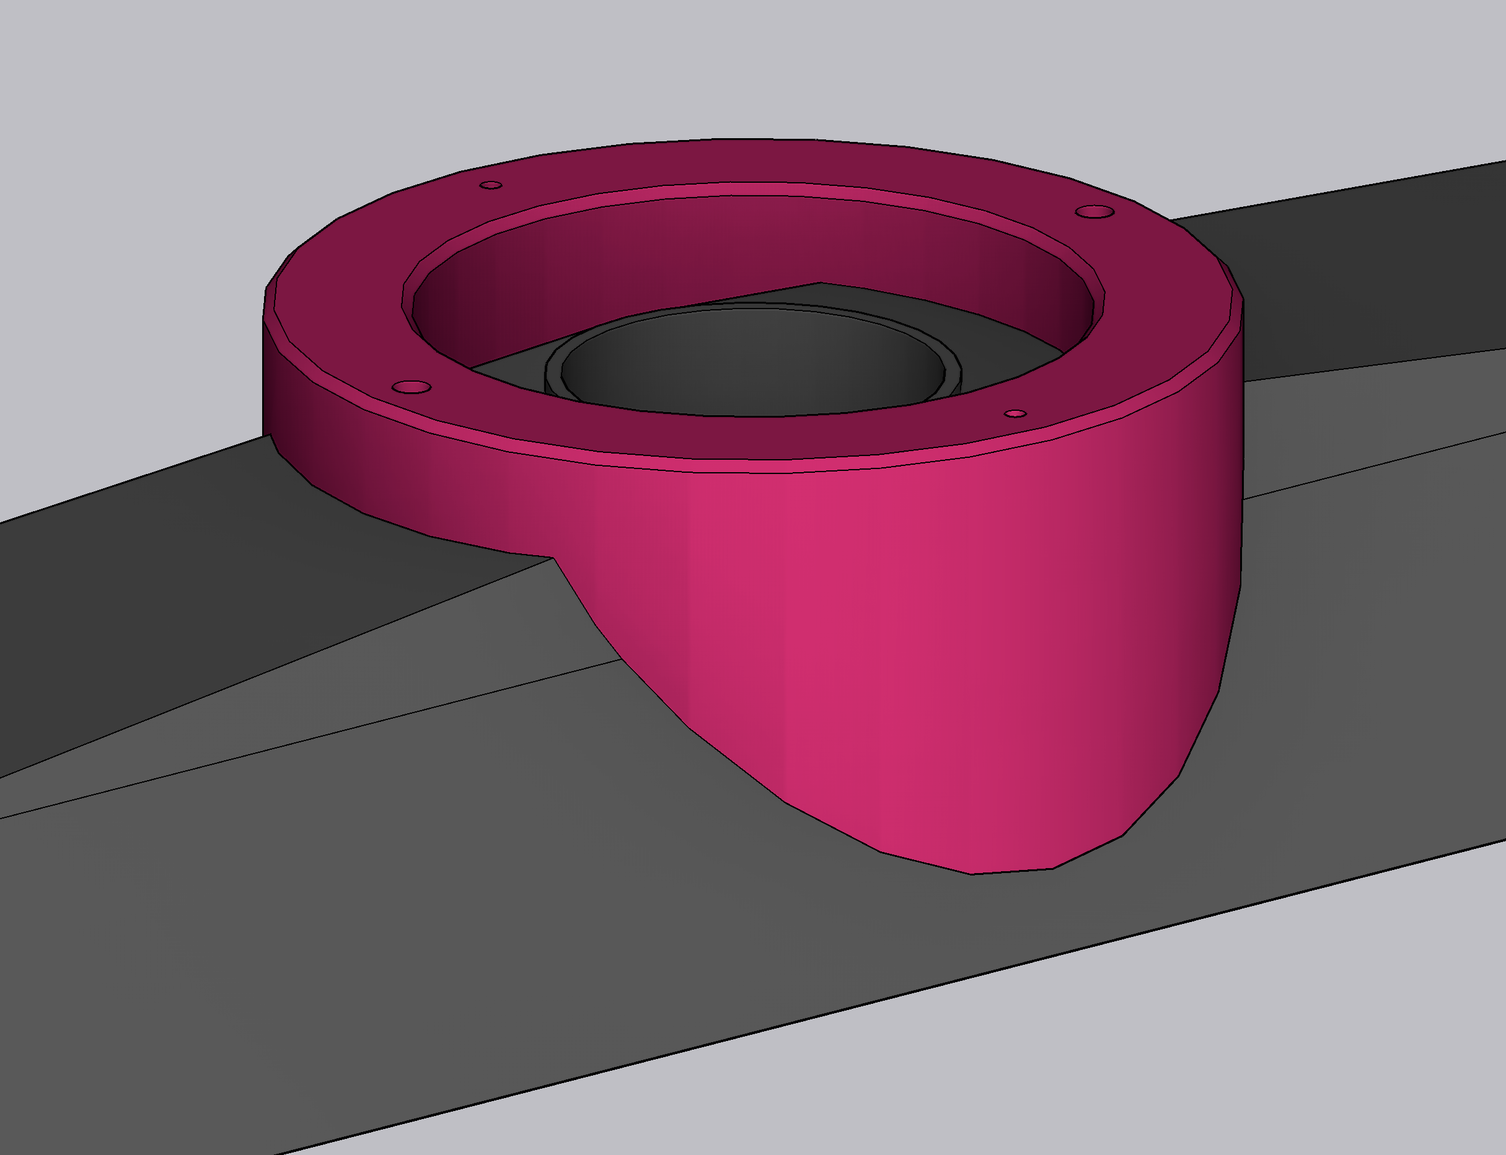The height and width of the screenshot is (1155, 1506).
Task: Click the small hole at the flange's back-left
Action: click(x=490, y=185)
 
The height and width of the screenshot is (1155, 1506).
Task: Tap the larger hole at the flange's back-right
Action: click(x=1094, y=211)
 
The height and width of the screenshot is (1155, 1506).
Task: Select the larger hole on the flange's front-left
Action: click(x=412, y=388)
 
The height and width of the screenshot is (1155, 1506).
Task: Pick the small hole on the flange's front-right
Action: click(x=1016, y=413)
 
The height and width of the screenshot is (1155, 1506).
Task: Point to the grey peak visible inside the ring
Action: click(x=820, y=283)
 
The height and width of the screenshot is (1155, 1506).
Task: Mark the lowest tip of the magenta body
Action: click(x=972, y=874)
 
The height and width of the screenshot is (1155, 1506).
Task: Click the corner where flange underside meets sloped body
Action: click(x=553, y=557)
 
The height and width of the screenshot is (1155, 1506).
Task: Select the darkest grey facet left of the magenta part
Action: click(x=172, y=584)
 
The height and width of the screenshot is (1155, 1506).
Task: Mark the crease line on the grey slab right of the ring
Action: click(x=1375, y=465)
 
